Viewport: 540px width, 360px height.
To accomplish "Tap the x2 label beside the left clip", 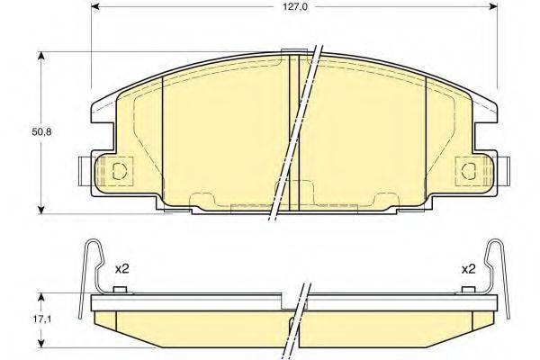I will click(x=122, y=268).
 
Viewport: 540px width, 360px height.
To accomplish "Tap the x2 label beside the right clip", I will click(x=467, y=268).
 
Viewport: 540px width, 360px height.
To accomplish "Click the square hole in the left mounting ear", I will click(x=119, y=168).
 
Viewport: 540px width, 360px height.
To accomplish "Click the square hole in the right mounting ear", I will click(x=467, y=168).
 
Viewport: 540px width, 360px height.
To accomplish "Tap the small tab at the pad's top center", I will click(x=292, y=52).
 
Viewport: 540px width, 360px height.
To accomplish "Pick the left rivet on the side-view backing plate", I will click(x=120, y=290).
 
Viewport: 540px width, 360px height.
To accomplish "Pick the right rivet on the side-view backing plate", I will click(x=467, y=290).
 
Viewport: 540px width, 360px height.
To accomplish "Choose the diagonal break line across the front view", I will click(x=297, y=135).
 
